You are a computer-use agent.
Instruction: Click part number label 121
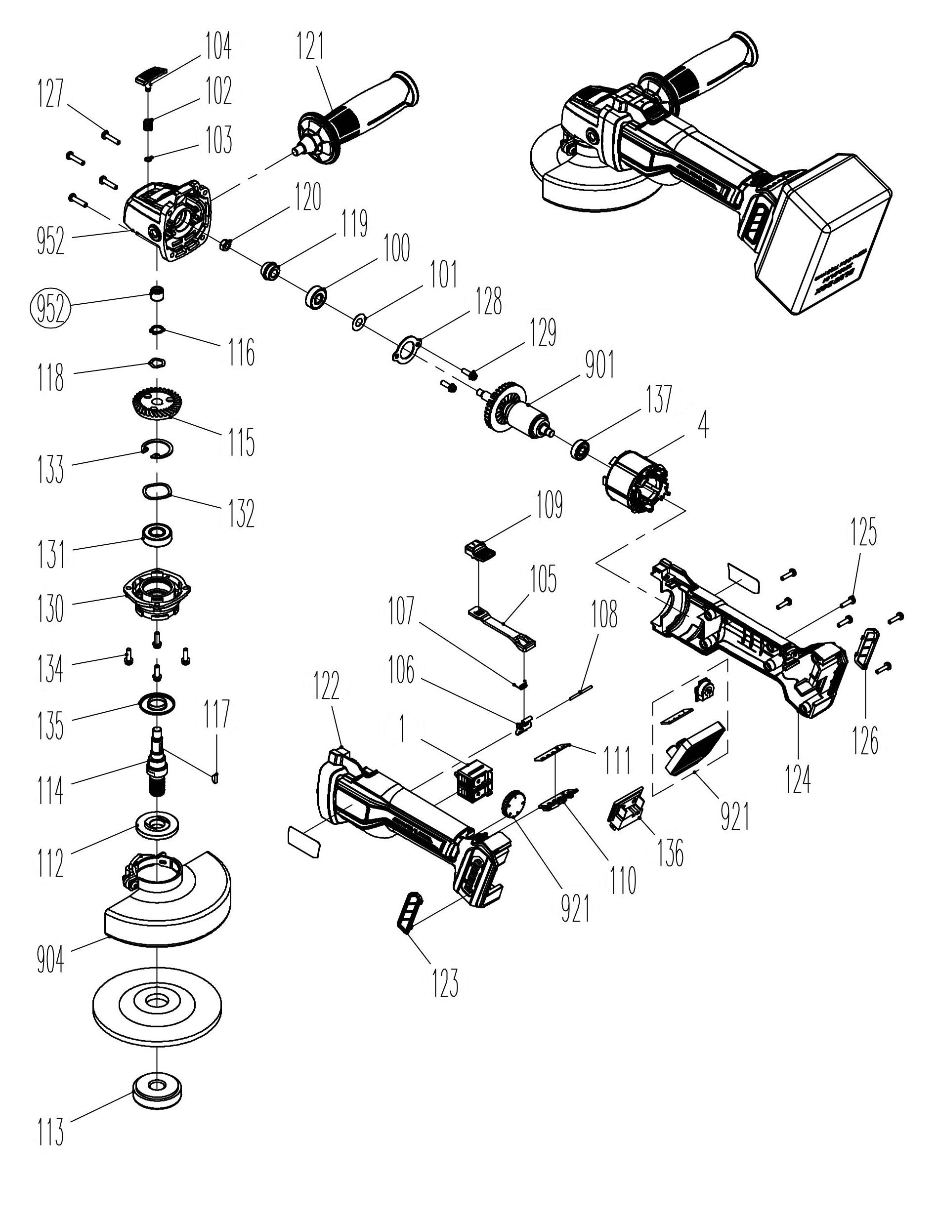(x=310, y=46)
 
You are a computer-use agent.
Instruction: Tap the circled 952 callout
(x=51, y=310)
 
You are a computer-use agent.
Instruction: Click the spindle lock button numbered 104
(x=151, y=76)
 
